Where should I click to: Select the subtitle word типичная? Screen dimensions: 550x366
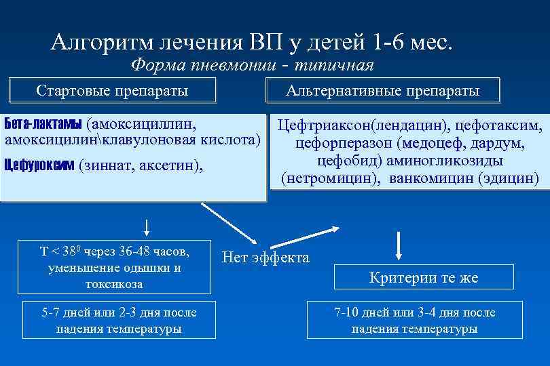[x=337, y=66]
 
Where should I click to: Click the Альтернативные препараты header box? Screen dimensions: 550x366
[x=382, y=91]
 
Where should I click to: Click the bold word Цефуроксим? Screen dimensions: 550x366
[x=39, y=164]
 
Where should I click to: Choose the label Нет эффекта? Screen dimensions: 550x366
[x=265, y=258]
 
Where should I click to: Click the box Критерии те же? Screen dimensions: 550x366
[x=424, y=278]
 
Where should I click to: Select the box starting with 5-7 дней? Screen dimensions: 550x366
[x=120, y=321]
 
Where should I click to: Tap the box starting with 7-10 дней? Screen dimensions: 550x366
[x=414, y=321]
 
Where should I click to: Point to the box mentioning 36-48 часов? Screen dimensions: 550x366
[x=114, y=267]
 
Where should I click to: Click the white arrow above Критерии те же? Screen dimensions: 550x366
[x=398, y=243]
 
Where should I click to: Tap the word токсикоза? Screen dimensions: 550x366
[x=114, y=283]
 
